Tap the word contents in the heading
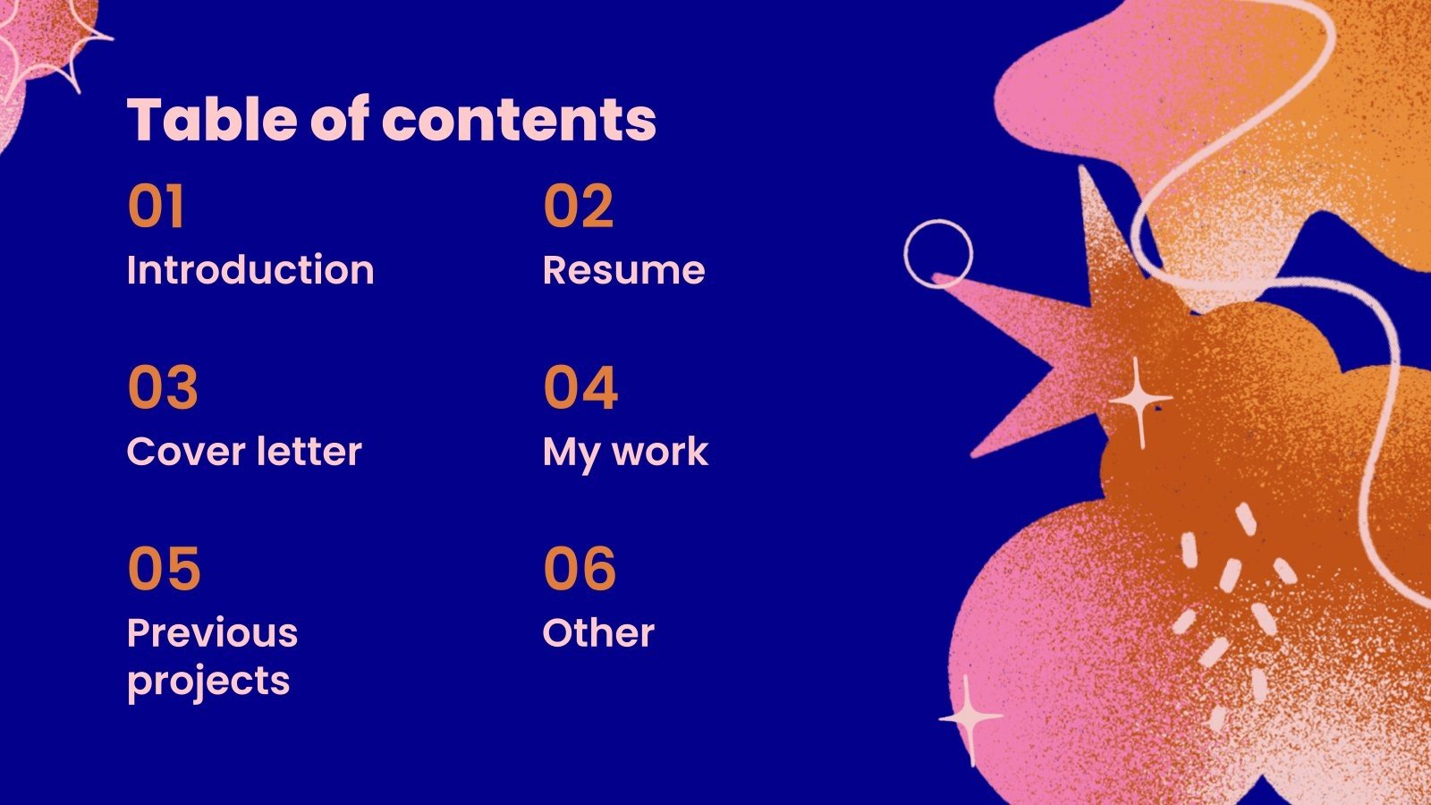(x=519, y=120)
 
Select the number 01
(x=156, y=206)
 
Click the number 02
(x=578, y=206)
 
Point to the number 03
(x=163, y=387)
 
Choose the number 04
(x=580, y=387)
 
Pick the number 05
(x=165, y=568)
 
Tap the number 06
(x=580, y=568)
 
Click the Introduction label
(x=250, y=269)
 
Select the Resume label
(x=624, y=269)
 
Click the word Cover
(x=186, y=452)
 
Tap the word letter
(x=309, y=451)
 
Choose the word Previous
(x=213, y=632)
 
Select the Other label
(x=598, y=632)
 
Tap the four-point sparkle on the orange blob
(x=1139, y=402)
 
